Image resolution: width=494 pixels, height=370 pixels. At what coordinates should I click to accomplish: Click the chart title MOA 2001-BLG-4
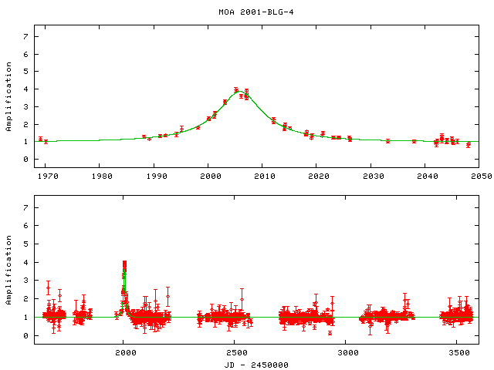pyautogui.click(x=246, y=12)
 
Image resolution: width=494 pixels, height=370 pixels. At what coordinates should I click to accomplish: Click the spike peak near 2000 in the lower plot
pyautogui.click(x=124, y=263)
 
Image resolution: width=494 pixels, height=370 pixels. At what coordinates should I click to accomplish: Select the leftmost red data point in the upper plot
pyautogui.click(x=40, y=140)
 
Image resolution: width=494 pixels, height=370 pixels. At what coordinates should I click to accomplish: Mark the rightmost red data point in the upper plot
pyautogui.click(x=468, y=144)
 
